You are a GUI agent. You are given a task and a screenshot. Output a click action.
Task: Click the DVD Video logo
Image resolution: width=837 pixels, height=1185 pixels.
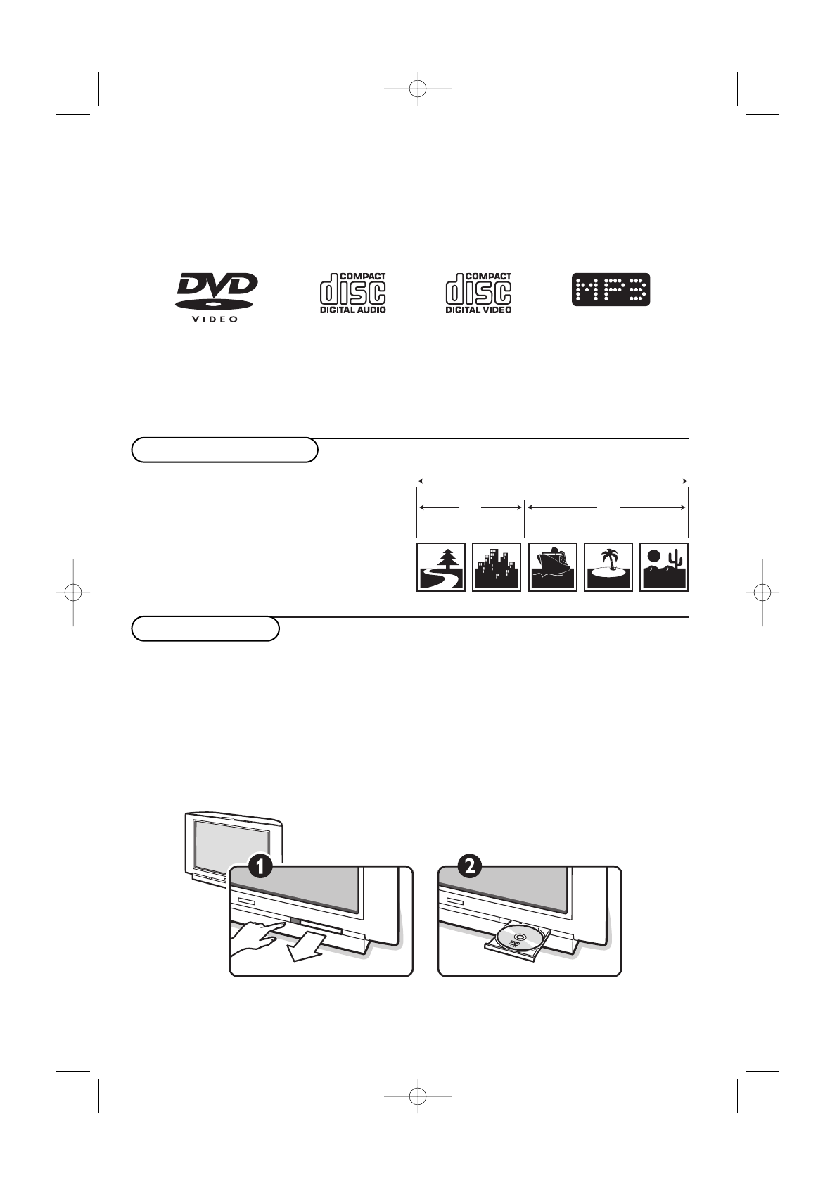(216, 297)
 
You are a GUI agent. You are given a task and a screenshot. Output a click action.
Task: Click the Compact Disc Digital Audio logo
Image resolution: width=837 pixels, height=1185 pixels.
(353, 293)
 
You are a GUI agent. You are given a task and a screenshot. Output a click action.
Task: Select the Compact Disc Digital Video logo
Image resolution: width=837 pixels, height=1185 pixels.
(478, 293)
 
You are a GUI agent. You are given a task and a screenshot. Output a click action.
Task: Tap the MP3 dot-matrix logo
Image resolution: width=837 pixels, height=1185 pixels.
(611, 289)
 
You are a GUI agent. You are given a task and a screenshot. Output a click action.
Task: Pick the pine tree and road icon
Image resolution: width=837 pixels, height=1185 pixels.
(441, 567)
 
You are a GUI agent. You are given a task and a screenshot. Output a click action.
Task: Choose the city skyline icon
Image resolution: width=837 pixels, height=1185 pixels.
(497, 567)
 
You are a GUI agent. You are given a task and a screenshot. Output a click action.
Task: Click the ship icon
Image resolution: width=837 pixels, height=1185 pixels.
(553, 567)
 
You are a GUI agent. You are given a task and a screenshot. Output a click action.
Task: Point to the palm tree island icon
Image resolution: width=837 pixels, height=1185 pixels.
(608, 567)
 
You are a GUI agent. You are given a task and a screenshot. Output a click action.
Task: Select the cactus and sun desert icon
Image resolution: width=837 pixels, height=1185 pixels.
(664, 567)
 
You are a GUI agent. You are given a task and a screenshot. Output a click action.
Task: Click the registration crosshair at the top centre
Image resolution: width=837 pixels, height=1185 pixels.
(418, 89)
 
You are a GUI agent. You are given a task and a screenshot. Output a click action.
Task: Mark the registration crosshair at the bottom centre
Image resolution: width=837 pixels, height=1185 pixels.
(418, 1095)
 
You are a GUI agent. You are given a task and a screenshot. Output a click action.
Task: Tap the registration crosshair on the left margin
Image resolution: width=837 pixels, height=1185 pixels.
(72, 592)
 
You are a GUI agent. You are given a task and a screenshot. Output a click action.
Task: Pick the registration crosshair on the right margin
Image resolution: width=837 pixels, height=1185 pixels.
(762, 592)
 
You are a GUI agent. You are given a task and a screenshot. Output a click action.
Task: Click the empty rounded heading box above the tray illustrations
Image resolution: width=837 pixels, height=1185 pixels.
(205, 628)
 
